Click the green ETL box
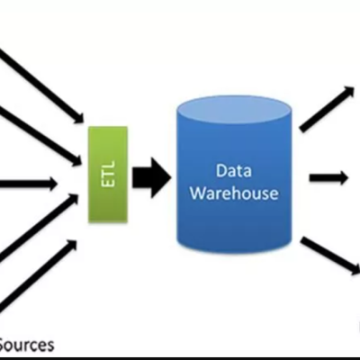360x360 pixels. point(107,175)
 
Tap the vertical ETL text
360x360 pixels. point(107,175)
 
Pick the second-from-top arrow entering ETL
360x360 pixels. point(40,135)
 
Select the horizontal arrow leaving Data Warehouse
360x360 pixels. point(328,177)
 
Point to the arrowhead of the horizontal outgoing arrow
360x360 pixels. point(344,177)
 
